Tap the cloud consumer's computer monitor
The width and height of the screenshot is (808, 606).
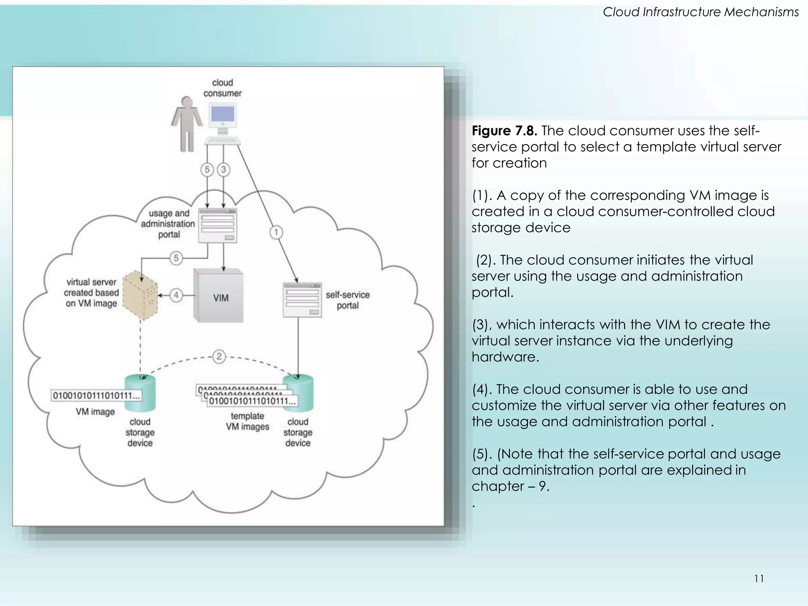tap(223, 115)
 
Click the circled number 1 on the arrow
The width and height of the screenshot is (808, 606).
tap(276, 232)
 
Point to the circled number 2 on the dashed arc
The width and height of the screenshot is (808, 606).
tap(219, 357)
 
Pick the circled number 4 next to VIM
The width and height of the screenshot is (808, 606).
tap(176, 295)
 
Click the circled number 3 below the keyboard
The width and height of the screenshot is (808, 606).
tap(224, 170)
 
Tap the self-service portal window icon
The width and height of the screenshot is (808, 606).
tap(302, 300)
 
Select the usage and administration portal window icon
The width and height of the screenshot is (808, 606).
tap(217, 225)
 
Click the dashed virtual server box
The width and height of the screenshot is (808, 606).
tap(140, 295)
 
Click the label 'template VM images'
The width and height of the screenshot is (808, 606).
tap(247, 421)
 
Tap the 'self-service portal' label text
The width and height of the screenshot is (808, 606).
tap(347, 300)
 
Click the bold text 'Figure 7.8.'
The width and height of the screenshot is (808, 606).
tap(504, 131)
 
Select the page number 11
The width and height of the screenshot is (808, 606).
tap(759, 578)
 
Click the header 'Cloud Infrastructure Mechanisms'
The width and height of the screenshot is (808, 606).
tap(700, 12)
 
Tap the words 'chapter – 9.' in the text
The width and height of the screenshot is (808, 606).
tap(510, 486)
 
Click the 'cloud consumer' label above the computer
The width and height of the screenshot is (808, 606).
tap(222, 88)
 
